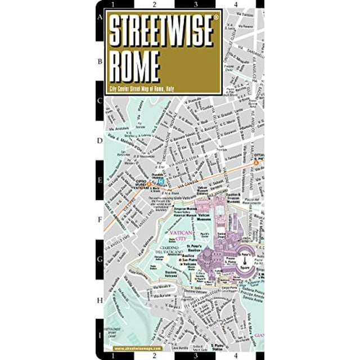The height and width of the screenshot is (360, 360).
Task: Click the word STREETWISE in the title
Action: click(x=160, y=33)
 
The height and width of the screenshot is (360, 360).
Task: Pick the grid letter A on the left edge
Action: click(x=100, y=17)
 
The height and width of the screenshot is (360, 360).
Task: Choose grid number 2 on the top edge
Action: click(x=154, y=5)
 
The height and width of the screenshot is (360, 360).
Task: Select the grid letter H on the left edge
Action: click(x=100, y=299)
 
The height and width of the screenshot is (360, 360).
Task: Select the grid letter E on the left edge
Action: click(x=100, y=181)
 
